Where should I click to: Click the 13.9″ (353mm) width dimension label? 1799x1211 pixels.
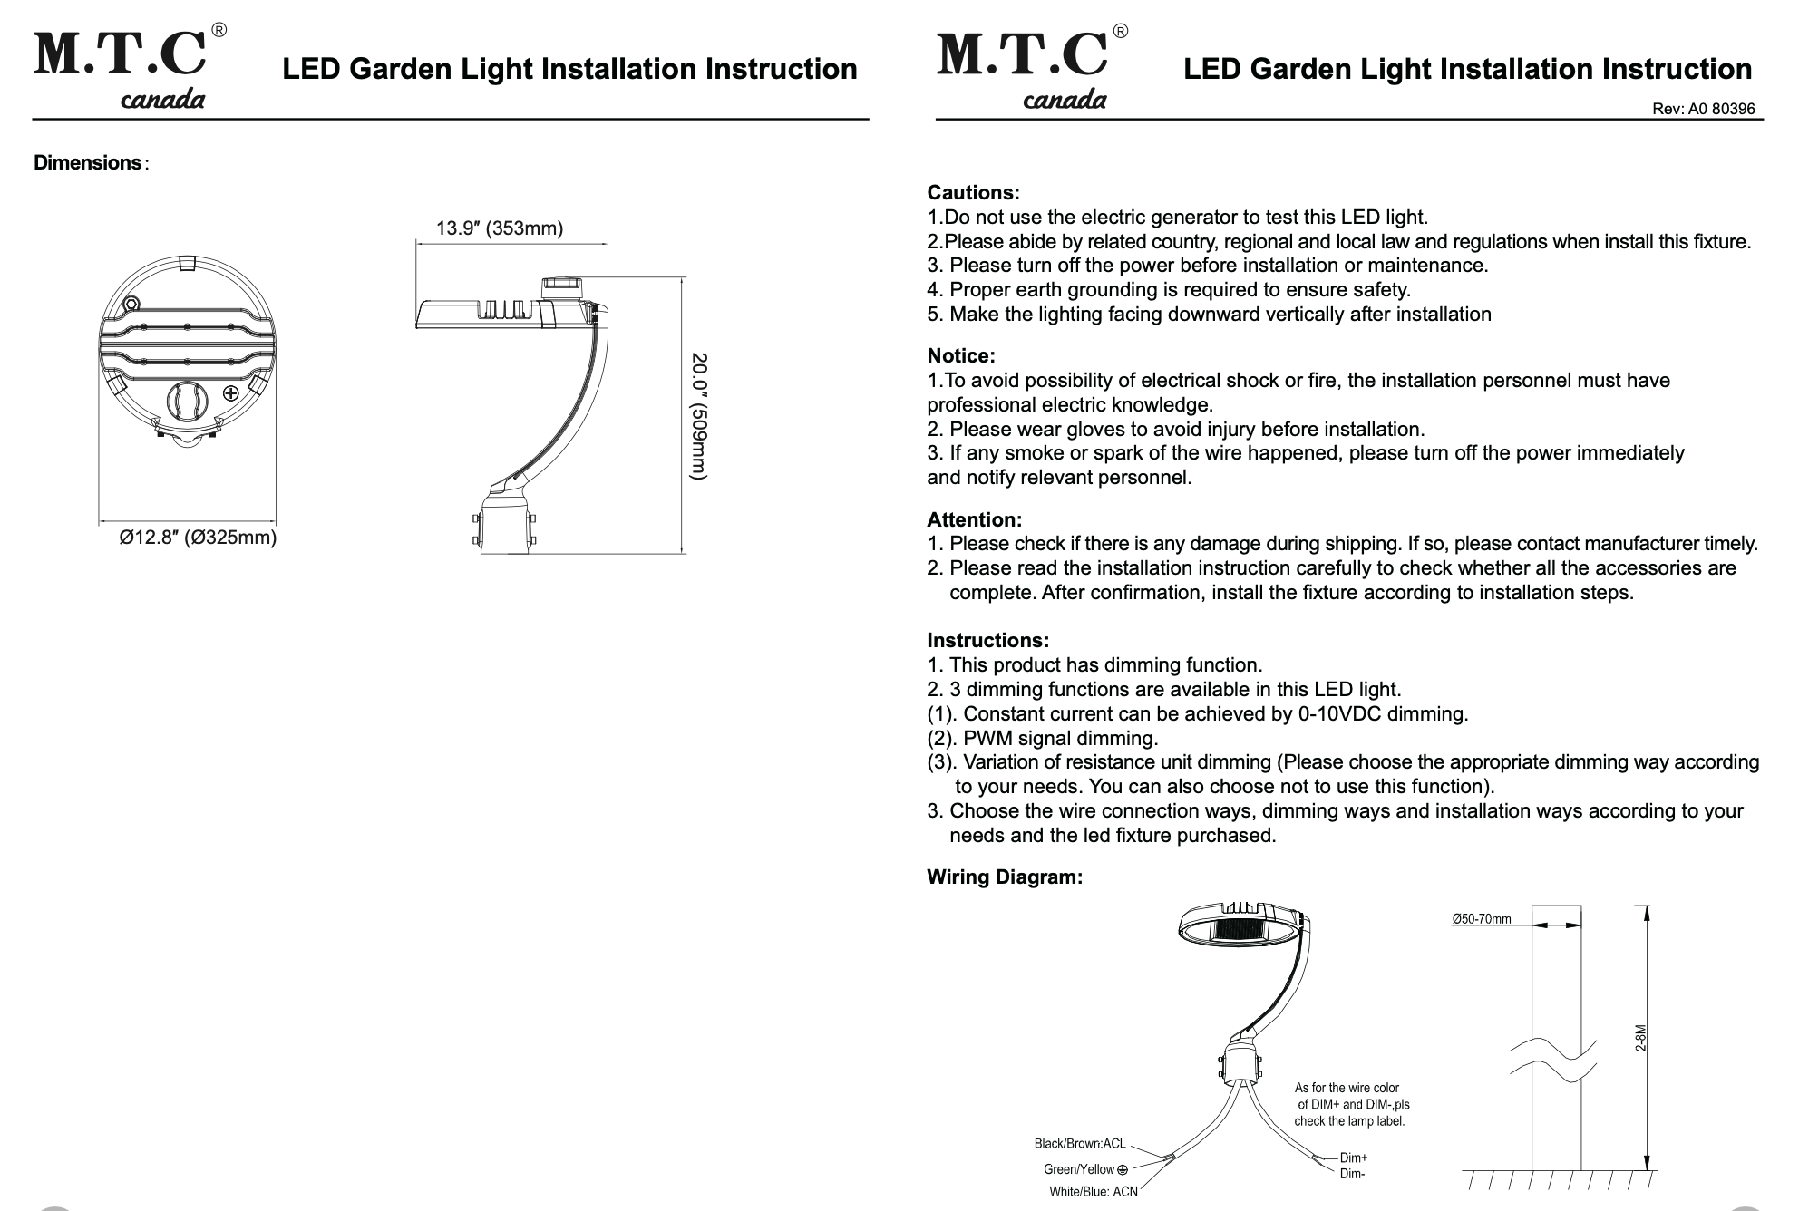(x=500, y=228)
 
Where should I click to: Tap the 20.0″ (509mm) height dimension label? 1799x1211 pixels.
(x=698, y=416)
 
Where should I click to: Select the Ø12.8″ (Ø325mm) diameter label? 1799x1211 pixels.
(x=199, y=538)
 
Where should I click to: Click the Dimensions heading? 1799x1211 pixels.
(x=88, y=163)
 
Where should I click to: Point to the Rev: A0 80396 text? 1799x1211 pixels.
(x=1703, y=109)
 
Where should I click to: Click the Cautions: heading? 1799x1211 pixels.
(x=973, y=193)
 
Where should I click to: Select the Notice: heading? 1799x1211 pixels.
(x=960, y=356)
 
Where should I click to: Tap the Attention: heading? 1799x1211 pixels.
(x=974, y=520)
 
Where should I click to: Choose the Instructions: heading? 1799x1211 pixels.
(x=987, y=641)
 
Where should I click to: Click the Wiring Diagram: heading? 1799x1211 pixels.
(x=1004, y=877)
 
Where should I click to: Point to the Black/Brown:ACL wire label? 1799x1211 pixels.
(x=1079, y=1144)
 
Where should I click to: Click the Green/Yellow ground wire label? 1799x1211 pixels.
(x=1085, y=1169)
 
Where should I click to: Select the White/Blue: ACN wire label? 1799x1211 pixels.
(x=1093, y=1192)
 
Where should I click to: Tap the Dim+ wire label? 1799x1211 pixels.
(x=1354, y=1158)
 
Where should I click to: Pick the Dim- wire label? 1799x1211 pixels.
(x=1352, y=1174)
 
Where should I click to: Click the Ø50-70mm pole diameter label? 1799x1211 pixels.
(x=1482, y=919)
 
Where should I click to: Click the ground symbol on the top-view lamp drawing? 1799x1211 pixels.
(x=230, y=393)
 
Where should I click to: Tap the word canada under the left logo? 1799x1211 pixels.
(x=163, y=99)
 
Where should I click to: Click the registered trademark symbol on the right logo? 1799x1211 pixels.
(x=1121, y=32)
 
